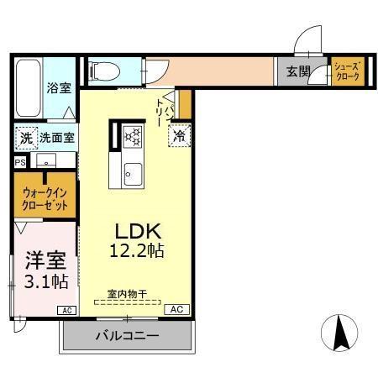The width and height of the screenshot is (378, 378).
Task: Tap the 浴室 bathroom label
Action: point(58,87)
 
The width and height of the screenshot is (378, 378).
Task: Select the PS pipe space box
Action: point(19,162)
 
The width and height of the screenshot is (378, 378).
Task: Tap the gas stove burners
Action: point(133,135)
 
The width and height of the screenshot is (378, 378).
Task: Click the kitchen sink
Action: point(133,174)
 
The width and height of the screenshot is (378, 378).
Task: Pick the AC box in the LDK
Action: point(176,309)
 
